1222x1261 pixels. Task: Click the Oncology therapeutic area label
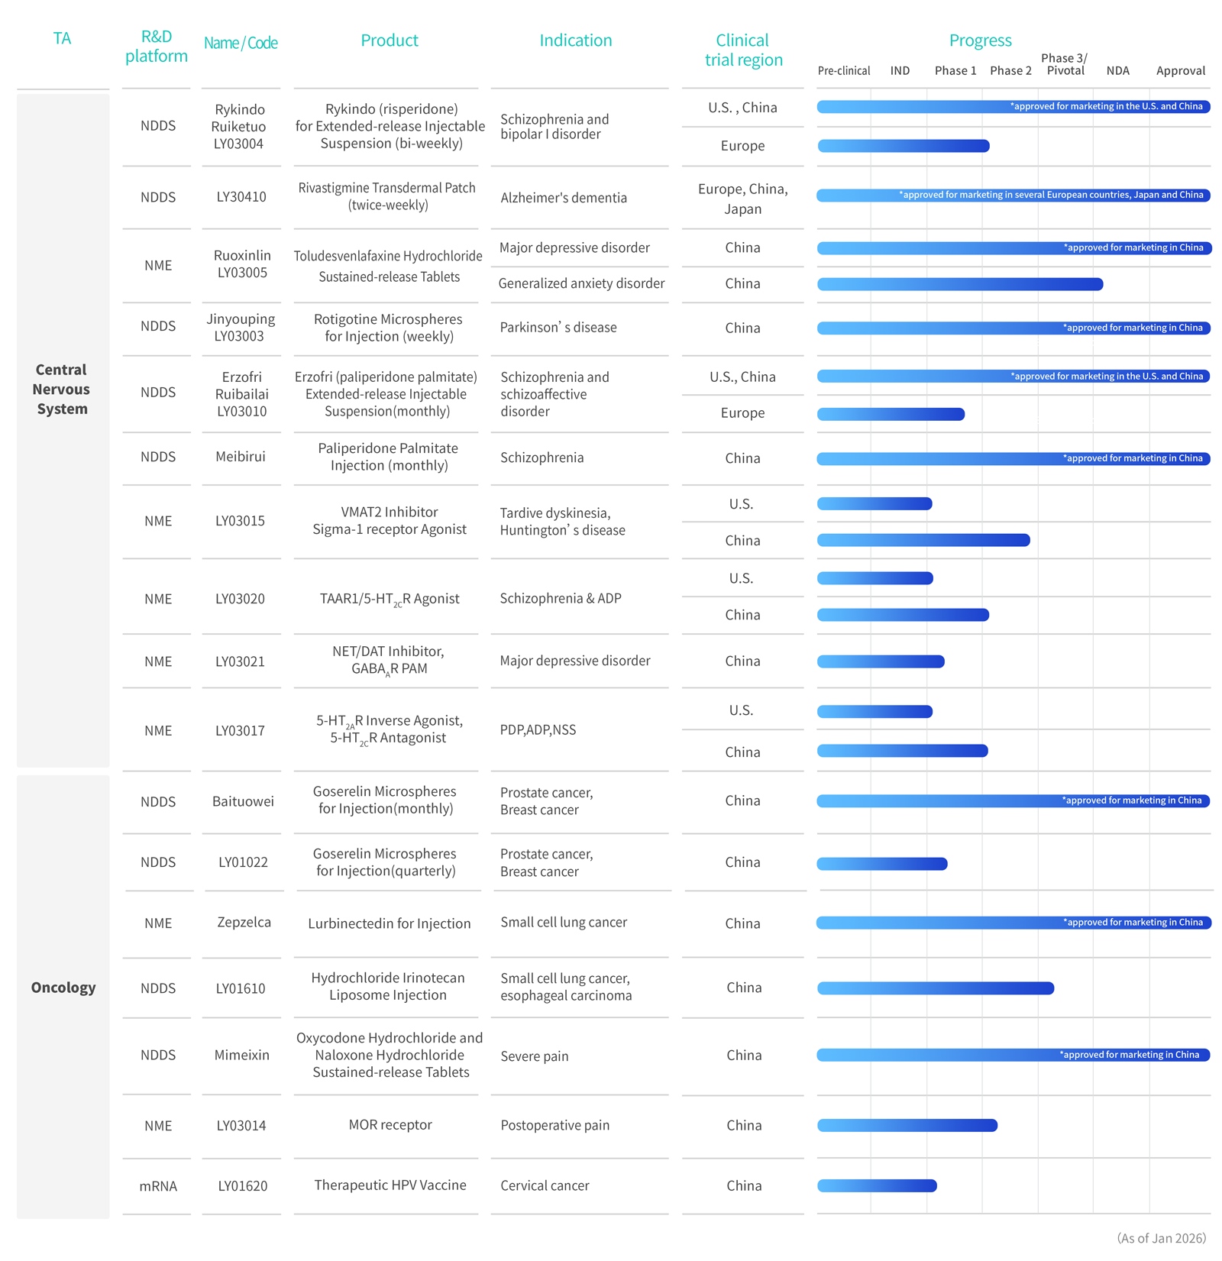click(x=63, y=988)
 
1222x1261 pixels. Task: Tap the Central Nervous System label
click(x=62, y=389)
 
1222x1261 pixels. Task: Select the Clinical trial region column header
click(x=743, y=50)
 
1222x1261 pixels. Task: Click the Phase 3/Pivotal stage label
click(x=1065, y=64)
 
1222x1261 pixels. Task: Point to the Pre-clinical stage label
click(x=843, y=71)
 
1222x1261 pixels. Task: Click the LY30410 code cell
click(x=241, y=197)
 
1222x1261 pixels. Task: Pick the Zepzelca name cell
click(x=244, y=922)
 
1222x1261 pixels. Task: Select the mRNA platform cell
click(x=158, y=1186)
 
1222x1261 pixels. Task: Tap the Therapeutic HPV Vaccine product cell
click(x=390, y=1185)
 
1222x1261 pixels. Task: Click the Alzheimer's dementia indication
click(x=564, y=198)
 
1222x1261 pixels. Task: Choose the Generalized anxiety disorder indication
click(x=581, y=283)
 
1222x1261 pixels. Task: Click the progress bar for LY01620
click(x=877, y=1186)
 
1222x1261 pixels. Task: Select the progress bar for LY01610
click(x=936, y=988)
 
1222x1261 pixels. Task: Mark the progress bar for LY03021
click(x=881, y=661)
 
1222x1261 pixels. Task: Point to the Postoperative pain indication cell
click(x=554, y=1125)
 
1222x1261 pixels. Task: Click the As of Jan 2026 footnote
click(x=1161, y=1238)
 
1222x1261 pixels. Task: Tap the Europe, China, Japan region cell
click(x=742, y=199)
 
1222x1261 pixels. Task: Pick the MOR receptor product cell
click(x=390, y=1124)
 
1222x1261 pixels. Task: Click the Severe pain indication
click(x=535, y=1056)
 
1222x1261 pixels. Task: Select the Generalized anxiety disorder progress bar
click(x=960, y=284)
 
